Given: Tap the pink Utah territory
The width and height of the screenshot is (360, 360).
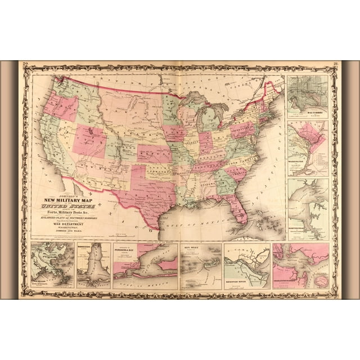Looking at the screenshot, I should click(x=90, y=141).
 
